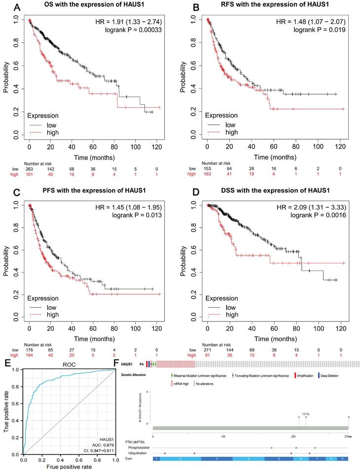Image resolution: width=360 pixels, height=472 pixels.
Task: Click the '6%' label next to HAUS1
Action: click(x=141, y=363)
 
